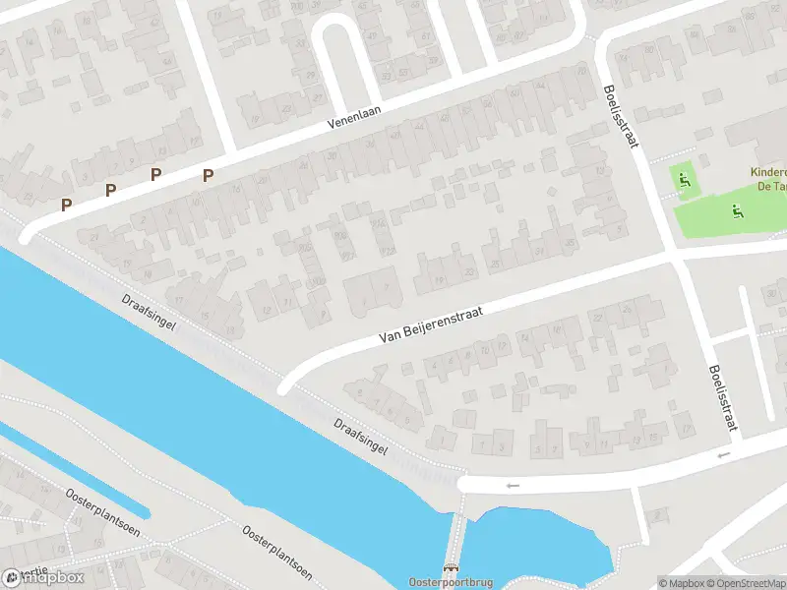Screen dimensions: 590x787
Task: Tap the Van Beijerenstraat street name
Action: [x=432, y=323]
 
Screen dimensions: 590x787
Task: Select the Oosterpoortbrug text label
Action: [x=451, y=581]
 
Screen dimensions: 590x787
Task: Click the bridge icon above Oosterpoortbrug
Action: [x=452, y=568]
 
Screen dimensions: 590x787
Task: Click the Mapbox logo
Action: [x=44, y=578]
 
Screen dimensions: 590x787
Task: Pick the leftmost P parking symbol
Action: [x=66, y=205]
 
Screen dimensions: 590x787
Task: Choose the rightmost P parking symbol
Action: [x=208, y=175]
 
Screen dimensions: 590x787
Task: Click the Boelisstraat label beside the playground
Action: [x=621, y=116]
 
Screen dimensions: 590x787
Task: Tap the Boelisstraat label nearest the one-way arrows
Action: [x=722, y=399]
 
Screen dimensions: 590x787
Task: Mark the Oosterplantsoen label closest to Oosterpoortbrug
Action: [x=277, y=551]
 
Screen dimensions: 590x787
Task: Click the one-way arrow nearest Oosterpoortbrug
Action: [x=511, y=485]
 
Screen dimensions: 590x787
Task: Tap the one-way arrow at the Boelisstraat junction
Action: [x=724, y=454]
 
